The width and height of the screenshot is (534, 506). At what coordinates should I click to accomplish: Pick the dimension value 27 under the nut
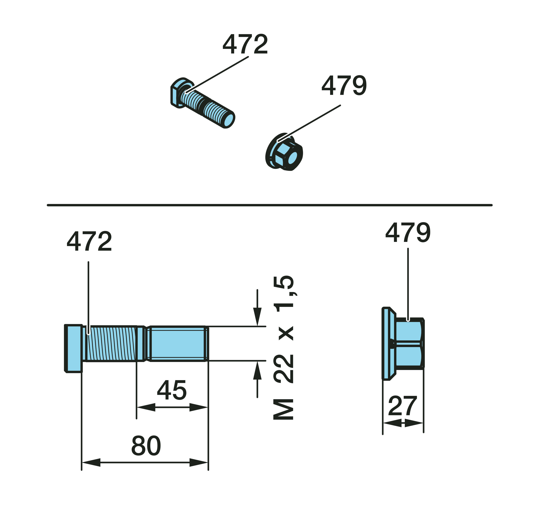[403, 406]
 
